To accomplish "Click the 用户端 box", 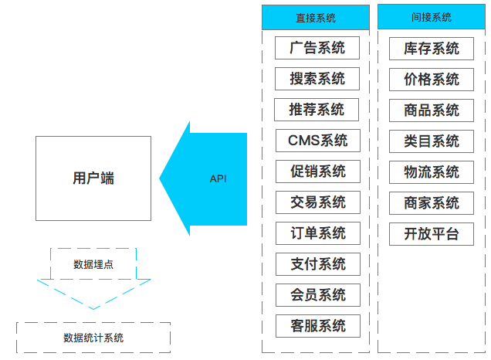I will [93, 178].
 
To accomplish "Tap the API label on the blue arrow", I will [218, 178].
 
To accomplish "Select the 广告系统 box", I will [317, 48].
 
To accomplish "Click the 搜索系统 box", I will [317, 79].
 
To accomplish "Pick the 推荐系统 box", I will [317, 110].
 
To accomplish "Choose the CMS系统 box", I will [317, 141].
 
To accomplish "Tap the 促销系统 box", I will [317, 172].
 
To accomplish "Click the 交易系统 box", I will [317, 202].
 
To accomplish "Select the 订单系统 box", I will [317, 233].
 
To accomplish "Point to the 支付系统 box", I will [317, 264].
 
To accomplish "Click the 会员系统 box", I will [317, 295].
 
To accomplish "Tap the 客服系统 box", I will [317, 326].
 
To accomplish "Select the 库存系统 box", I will [432, 48].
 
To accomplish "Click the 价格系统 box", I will [432, 79].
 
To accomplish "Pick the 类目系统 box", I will [432, 141].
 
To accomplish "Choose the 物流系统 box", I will [432, 172].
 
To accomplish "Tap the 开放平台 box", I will [432, 233].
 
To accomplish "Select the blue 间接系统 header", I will [432, 17].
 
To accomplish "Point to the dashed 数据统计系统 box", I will [93, 338].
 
